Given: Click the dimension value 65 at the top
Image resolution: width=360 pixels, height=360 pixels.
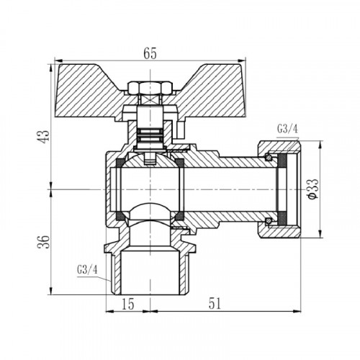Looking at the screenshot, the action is pyautogui.click(x=150, y=53).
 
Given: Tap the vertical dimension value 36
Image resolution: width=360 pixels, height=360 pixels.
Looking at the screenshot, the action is pyautogui.click(x=45, y=242).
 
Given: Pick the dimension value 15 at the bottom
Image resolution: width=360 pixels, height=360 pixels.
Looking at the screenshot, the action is pyautogui.click(x=127, y=304).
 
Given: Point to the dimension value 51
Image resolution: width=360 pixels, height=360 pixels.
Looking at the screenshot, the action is pyautogui.click(x=215, y=304).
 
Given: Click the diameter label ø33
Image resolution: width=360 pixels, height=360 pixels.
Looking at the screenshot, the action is pyautogui.click(x=313, y=189).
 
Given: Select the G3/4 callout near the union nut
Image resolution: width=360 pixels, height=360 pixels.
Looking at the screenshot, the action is pyautogui.click(x=287, y=130).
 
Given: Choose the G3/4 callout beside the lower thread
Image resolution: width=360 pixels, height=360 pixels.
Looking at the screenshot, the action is pyautogui.click(x=87, y=270).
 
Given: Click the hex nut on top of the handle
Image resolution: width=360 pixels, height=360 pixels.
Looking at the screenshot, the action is pyautogui.click(x=150, y=88).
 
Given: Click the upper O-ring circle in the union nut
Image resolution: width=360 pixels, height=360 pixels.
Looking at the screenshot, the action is pyautogui.click(x=269, y=158).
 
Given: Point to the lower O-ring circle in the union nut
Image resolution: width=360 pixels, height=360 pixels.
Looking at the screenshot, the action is pyautogui.click(x=269, y=220).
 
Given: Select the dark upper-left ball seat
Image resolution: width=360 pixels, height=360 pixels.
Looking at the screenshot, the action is pyautogui.click(x=120, y=163).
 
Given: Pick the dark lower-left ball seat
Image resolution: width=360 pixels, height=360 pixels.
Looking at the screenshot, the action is pyautogui.click(x=120, y=216).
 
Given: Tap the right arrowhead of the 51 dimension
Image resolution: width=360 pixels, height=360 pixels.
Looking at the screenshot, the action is pyautogui.click(x=297, y=311).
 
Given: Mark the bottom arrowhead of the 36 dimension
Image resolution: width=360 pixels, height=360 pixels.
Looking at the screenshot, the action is pyautogui.click(x=51, y=291).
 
